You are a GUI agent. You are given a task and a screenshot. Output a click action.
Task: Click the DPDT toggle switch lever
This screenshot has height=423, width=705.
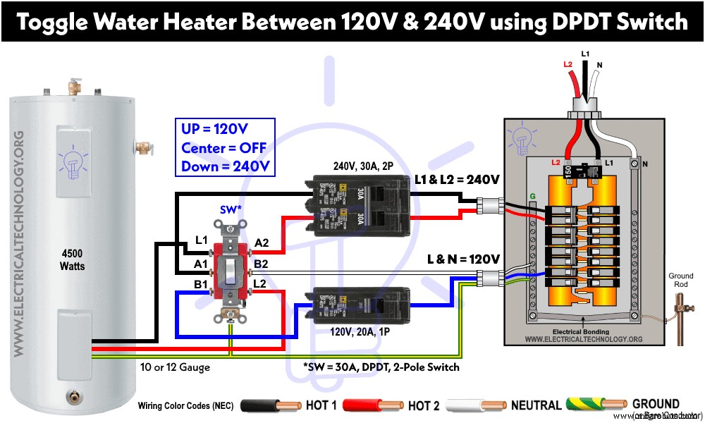point(231,268)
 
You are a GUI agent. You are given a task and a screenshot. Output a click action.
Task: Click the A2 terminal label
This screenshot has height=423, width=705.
point(262,243)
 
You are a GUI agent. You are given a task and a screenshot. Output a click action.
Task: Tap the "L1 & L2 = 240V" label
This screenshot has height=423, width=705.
point(458,180)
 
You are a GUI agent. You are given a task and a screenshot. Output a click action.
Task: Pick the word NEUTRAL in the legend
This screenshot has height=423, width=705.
point(536,405)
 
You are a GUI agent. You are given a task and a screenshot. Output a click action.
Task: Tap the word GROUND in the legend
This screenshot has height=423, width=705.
point(656,403)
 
